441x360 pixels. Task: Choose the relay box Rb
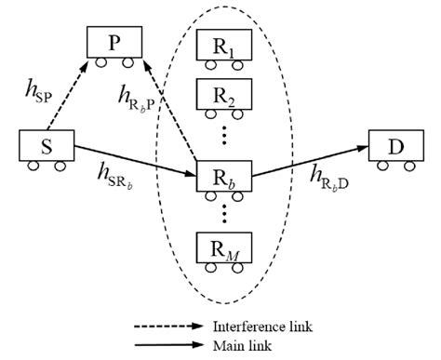224,175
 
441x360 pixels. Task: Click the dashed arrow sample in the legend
168,327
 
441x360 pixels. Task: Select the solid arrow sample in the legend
168,344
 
